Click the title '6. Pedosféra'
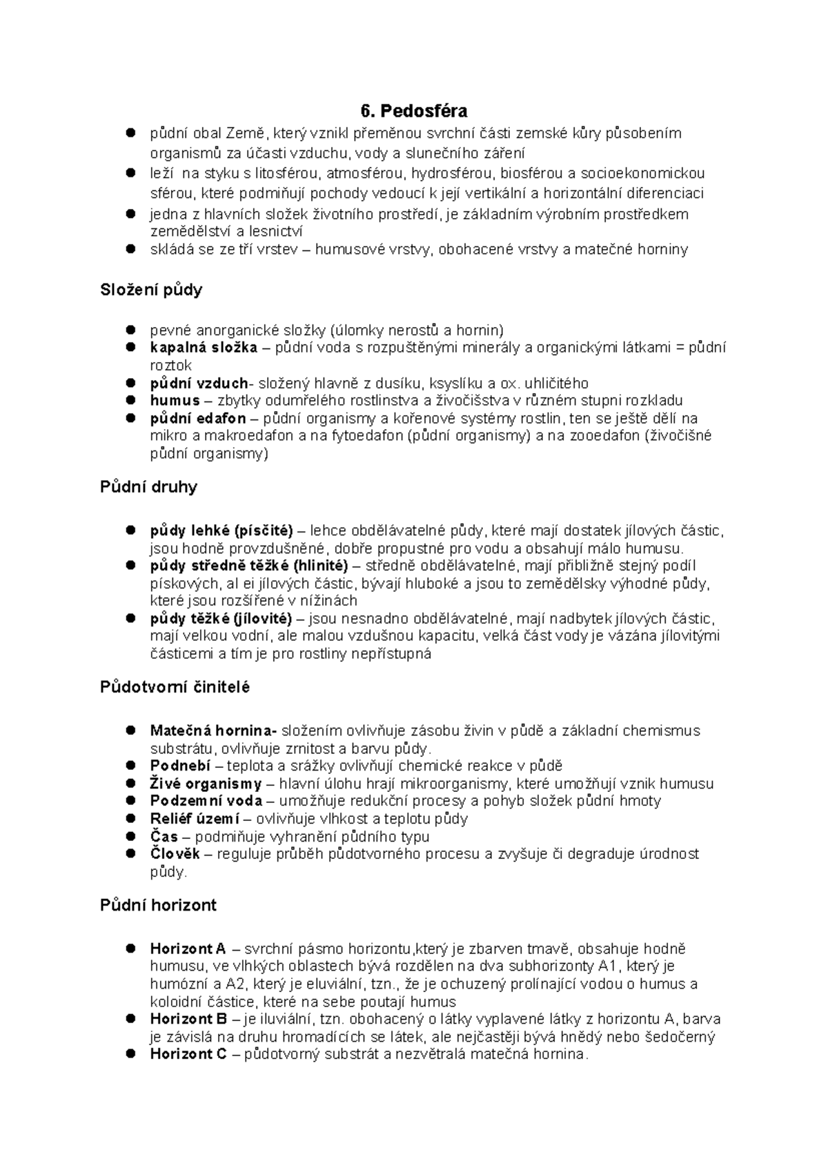tap(413, 110)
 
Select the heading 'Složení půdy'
tap(151, 290)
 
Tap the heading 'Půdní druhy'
tap(148, 487)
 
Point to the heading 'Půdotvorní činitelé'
tap(175, 687)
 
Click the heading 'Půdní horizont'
tap(158, 905)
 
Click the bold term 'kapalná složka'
tap(204, 348)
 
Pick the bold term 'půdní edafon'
tap(197, 419)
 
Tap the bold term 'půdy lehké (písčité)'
tap(221, 531)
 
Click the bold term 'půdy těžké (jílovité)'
tap(221, 619)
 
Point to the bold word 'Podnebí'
tap(180, 766)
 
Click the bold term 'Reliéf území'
tap(195, 819)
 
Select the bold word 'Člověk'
tap(175, 854)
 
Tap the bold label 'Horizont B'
tap(188, 1019)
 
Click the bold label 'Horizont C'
tap(188, 1054)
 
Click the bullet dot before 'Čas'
tap(130, 836)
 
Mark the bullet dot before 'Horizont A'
tap(130, 949)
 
